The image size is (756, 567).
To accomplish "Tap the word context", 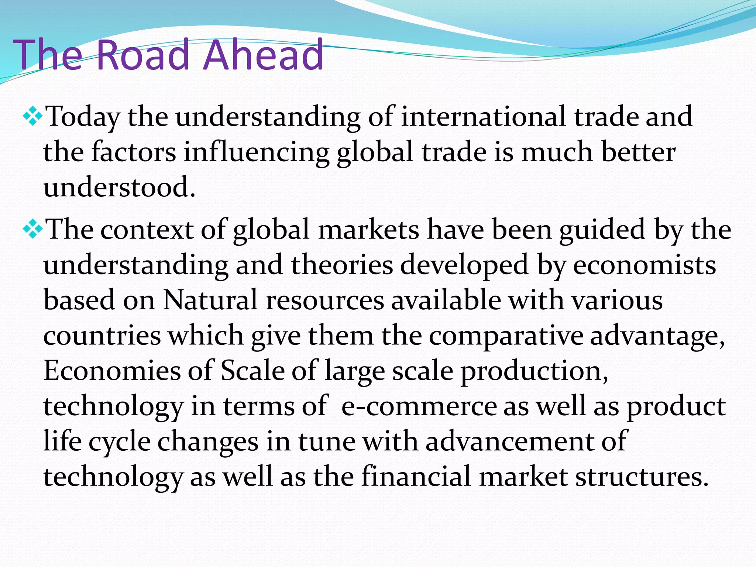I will click(147, 230).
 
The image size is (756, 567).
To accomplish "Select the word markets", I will click(368, 230).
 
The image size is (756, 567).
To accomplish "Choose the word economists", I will click(644, 265).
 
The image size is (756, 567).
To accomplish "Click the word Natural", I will click(210, 300).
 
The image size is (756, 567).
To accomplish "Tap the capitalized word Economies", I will click(112, 371).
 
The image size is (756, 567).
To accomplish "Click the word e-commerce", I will click(419, 406).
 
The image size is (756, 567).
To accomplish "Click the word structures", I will click(642, 476).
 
